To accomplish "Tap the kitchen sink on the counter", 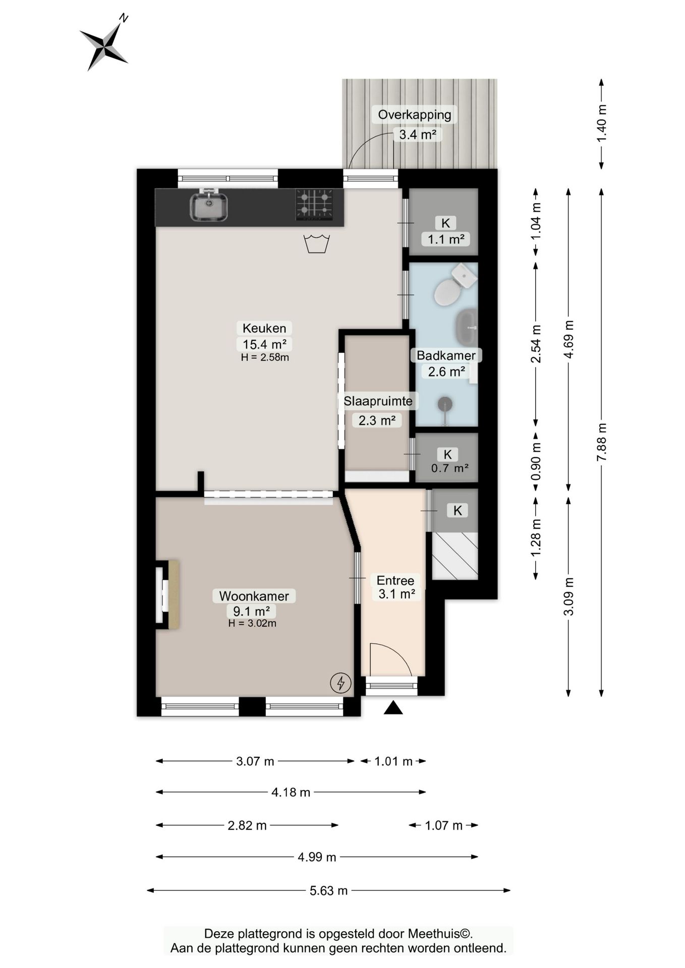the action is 208,206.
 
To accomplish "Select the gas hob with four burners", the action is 314,204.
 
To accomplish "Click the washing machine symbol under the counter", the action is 317,244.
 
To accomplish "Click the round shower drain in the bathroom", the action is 444,404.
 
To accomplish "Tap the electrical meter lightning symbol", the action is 340,683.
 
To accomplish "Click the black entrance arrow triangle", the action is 393,708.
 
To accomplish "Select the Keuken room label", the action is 264,328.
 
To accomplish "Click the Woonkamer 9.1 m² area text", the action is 251,612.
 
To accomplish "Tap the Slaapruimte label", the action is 378,401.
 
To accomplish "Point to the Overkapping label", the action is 415,115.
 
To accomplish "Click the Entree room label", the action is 395,581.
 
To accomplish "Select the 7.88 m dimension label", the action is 601,442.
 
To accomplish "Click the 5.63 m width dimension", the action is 329,891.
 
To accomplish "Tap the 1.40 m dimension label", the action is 601,124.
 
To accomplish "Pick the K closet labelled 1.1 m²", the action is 443,222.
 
